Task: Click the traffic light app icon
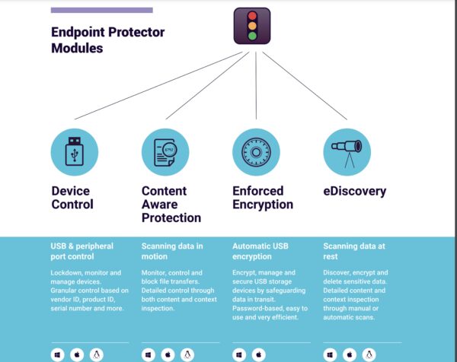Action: [x=252, y=26]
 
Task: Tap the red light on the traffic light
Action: [x=252, y=16]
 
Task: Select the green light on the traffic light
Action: [x=252, y=36]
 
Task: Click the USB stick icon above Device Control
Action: [x=75, y=151]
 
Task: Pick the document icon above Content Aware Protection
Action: [x=165, y=152]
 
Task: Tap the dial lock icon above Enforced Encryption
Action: [x=256, y=152]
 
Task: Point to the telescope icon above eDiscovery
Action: [x=347, y=153]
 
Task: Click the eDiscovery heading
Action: [x=355, y=191]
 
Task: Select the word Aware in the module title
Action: [x=160, y=205]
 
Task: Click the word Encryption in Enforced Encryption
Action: [x=263, y=205]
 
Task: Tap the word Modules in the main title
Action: [x=77, y=48]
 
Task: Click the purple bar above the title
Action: [x=102, y=10]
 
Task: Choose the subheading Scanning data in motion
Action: [x=172, y=251]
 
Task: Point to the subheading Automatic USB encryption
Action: [x=260, y=251]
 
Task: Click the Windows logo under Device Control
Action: [x=57, y=354]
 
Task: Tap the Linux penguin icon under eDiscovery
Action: [x=369, y=354]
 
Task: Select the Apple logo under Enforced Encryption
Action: [x=259, y=354]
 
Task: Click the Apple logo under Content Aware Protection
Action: [x=168, y=354]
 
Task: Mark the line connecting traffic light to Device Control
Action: [x=158, y=85]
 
